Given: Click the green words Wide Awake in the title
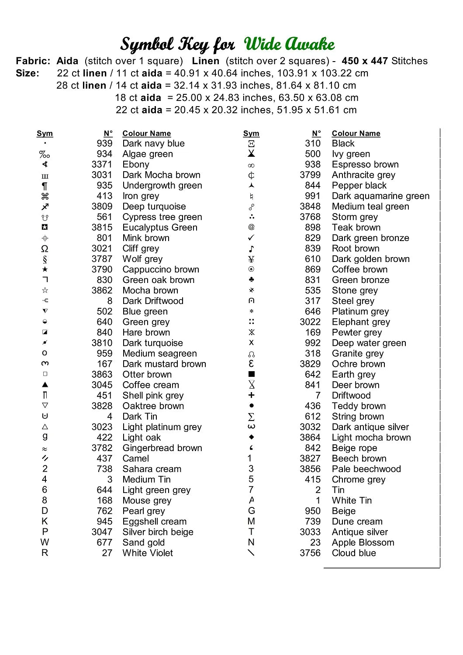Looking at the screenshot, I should coord(289,44).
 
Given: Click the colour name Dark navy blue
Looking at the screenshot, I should coord(153,144).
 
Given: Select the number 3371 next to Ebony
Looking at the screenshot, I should coord(102,165).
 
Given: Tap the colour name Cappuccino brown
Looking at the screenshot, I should coord(161,269).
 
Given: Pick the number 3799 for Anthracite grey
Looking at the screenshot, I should coord(310,175).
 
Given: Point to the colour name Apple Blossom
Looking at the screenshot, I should coord(363,542).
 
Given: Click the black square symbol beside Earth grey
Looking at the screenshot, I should coord(251,374).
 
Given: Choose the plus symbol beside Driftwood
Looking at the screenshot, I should coord(251,395).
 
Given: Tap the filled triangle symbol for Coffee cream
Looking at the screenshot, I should coord(45,385).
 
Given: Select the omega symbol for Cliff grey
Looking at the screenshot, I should coord(45,248).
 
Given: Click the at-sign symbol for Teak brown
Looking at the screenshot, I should coord(251,227).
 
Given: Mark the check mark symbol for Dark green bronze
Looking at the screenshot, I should coord(251,238).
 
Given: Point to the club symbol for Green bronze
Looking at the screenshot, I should coord(251,279).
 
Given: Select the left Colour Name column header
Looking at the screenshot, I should coord(146,134).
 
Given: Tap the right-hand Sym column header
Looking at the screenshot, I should coord(251,134).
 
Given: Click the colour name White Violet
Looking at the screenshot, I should coord(148,553).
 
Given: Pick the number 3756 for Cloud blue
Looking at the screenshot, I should coord(310,553).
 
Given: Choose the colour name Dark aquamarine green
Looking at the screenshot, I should coord(380,196).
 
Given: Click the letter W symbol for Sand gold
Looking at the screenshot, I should coord(45,542).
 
